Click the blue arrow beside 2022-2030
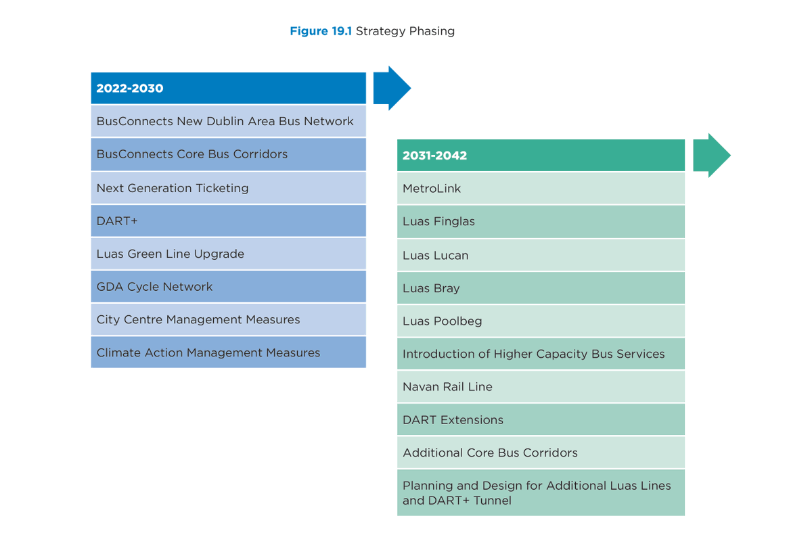point(392,88)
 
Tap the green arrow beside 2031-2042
point(711,156)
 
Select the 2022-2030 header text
point(130,89)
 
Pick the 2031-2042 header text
point(434,156)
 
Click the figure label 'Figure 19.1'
point(321,31)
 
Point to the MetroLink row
point(541,189)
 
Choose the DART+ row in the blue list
point(229,221)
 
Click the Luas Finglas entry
point(541,221)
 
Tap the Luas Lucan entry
point(541,255)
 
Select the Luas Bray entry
point(541,288)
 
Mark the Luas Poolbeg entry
point(541,321)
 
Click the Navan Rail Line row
point(541,387)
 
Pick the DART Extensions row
point(541,419)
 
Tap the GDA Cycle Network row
point(229,287)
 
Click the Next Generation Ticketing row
point(229,188)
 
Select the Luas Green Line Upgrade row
point(229,254)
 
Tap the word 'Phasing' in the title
point(432,32)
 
